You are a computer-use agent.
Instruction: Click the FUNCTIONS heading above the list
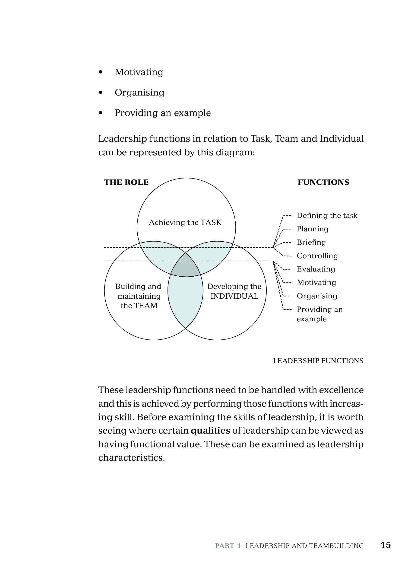(x=323, y=182)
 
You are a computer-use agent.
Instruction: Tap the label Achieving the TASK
(x=185, y=222)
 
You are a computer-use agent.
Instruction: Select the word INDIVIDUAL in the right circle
(x=234, y=296)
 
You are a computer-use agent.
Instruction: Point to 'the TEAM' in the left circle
(x=139, y=306)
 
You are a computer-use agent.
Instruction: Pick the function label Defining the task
(x=327, y=215)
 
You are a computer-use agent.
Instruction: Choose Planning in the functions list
(x=312, y=229)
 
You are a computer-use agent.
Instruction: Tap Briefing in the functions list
(x=311, y=243)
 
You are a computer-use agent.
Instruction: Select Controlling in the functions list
(x=317, y=256)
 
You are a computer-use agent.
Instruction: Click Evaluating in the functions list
(x=316, y=269)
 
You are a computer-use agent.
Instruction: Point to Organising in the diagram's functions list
(x=317, y=296)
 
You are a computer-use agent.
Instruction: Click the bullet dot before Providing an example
(x=101, y=113)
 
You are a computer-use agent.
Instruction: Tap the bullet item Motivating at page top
(x=139, y=72)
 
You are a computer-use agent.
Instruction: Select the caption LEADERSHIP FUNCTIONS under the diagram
(x=318, y=361)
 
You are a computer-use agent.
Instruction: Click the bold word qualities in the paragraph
(x=210, y=431)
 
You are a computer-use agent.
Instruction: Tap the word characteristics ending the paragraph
(x=131, y=457)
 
